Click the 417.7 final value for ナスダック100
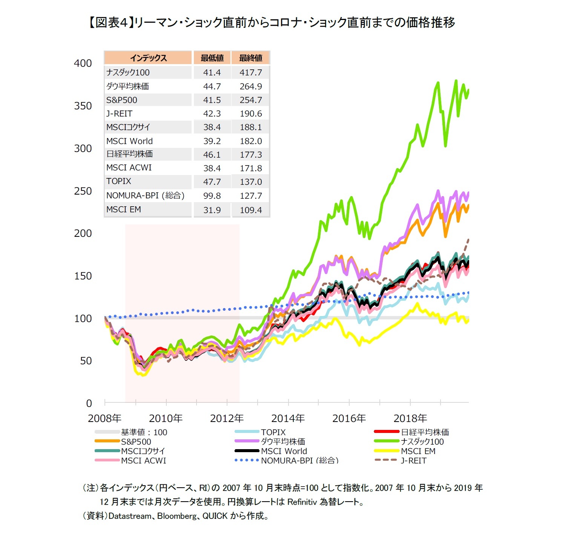point(250,72)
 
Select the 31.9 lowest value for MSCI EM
point(212,210)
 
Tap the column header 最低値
point(212,58)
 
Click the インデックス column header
point(148,58)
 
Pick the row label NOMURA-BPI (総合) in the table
point(145,196)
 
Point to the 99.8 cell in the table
point(212,196)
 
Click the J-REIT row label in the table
point(119,114)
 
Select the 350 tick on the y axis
point(83,106)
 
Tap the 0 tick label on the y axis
point(89,404)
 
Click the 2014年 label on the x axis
point(288,418)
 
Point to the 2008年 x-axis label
point(104,418)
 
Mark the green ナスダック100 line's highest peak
point(456,81)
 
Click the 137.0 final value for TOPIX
point(250,182)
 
